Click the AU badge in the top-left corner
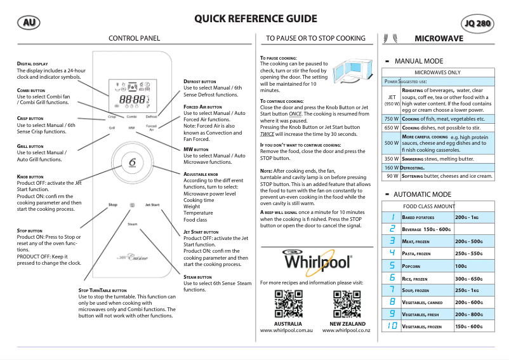tap(28, 22)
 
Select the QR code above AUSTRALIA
tap(288, 303)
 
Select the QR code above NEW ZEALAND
tap(346, 303)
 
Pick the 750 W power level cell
tap(392, 119)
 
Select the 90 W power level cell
tap(392, 175)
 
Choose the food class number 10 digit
tap(392, 326)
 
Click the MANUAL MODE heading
tap(419, 62)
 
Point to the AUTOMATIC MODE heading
tap(423, 194)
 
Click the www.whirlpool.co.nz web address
tap(346, 331)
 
